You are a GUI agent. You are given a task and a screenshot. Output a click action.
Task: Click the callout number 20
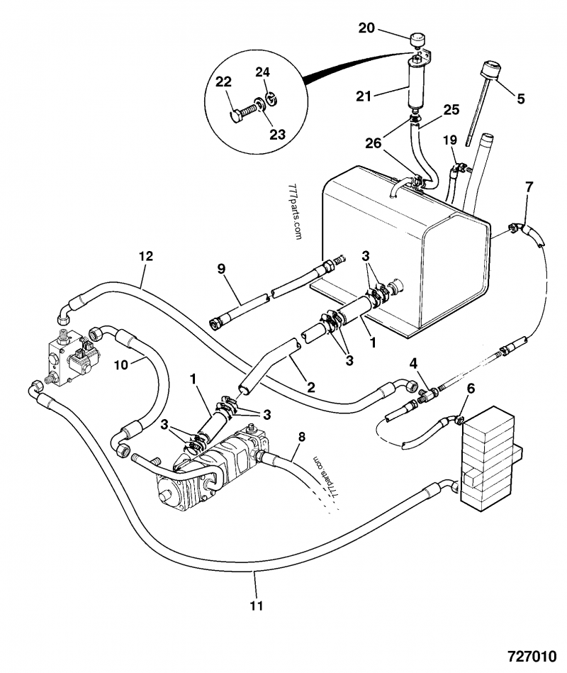pyautogui.click(x=367, y=28)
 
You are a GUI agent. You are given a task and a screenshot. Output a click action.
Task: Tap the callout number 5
pyautogui.click(x=520, y=99)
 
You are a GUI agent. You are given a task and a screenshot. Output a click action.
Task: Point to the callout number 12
pyautogui.click(x=146, y=255)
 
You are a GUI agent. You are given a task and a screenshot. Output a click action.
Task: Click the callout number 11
pyautogui.click(x=257, y=605)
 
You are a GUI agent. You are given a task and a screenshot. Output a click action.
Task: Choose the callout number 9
pyautogui.click(x=220, y=269)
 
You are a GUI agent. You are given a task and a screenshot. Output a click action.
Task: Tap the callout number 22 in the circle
pyautogui.click(x=224, y=82)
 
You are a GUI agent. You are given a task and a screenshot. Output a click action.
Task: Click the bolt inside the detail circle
pyautogui.click(x=242, y=112)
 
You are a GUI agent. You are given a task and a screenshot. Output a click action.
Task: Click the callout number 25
pyautogui.click(x=451, y=110)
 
